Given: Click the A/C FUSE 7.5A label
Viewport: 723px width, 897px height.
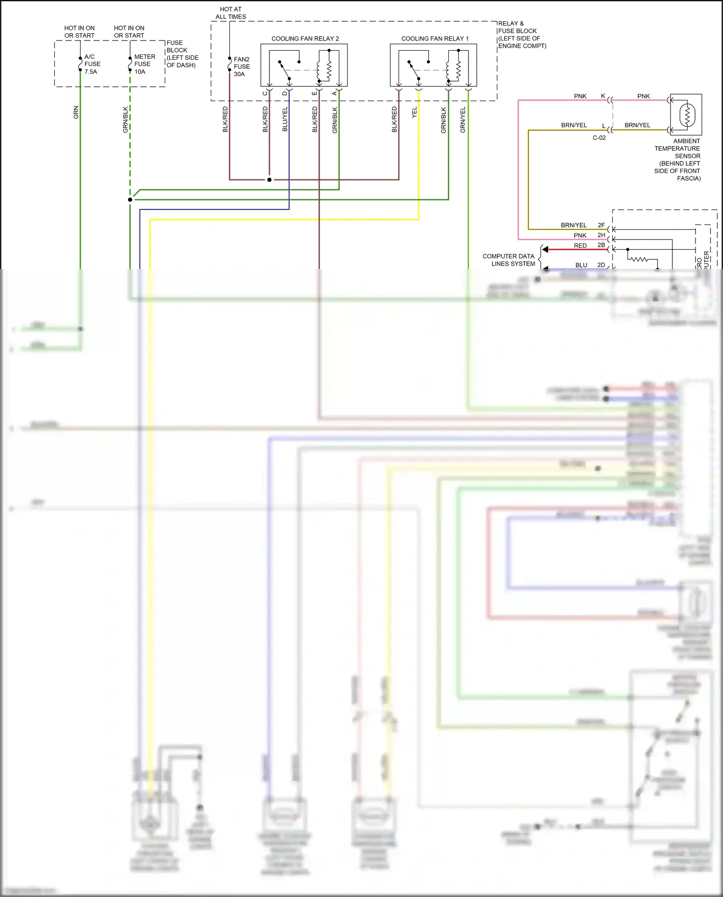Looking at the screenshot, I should (92, 64).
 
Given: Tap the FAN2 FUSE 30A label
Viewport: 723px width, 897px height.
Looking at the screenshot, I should (241, 67).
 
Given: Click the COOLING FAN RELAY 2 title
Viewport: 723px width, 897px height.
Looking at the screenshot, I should (305, 39).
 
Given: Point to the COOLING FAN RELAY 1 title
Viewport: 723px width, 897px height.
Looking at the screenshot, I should (435, 39).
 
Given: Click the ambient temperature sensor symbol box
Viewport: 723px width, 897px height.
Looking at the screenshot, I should (686, 115).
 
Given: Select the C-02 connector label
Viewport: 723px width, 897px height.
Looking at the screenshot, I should (599, 138).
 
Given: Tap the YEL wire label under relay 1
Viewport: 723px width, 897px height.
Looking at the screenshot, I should (414, 113).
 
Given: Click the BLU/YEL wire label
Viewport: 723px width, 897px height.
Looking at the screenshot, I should (284, 119).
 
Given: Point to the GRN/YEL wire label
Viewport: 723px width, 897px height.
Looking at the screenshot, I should (463, 120).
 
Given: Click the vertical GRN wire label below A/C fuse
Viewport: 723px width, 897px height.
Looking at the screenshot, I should (76, 112).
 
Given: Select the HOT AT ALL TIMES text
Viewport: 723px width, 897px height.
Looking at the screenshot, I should (230, 13).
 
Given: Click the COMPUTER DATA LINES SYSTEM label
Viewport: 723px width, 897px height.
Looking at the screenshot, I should (509, 260).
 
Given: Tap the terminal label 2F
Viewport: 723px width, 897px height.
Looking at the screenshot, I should (601, 225).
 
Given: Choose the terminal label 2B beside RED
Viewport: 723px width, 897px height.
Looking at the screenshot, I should (601, 245).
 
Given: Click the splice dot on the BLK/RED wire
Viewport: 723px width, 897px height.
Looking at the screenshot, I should (269, 180).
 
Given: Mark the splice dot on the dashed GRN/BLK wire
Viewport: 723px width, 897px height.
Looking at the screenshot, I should (130, 200).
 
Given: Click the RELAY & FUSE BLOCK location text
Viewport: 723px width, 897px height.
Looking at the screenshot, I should (522, 35).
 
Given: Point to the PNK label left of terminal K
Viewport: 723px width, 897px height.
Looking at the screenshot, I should (580, 96).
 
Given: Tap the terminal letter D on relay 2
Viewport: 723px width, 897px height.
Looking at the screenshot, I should (284, 93).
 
